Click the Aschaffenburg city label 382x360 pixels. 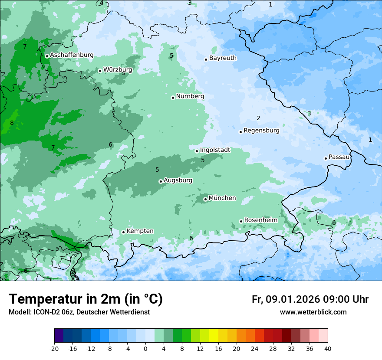[x=72, y=55]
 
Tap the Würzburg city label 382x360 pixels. [x=118, y=69]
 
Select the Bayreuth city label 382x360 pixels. [x=223, y=58]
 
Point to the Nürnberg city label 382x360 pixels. [x=190, y=96]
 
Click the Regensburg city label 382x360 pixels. [x=261, y=131]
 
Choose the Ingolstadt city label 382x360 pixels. [x=215, y=150]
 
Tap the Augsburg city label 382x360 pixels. [x=178, y=180]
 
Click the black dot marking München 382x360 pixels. [x=205, y=199]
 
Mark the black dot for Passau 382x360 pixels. [x=326, y=158]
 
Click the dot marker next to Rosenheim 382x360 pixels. [x=241, y=221]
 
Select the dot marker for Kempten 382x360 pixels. [x=123, y=232]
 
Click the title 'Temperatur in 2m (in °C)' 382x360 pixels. [x=86, y=299]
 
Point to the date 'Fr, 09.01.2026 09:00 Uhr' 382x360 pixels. [x=310, y=299]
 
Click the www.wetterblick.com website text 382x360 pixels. [x=313, y=312]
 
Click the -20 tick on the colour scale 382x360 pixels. [x=54, y=348]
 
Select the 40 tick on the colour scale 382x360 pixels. [x=328, y=348]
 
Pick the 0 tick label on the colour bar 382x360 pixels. [x=145, y=348]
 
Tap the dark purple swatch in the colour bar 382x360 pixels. [x=59, y=336]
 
